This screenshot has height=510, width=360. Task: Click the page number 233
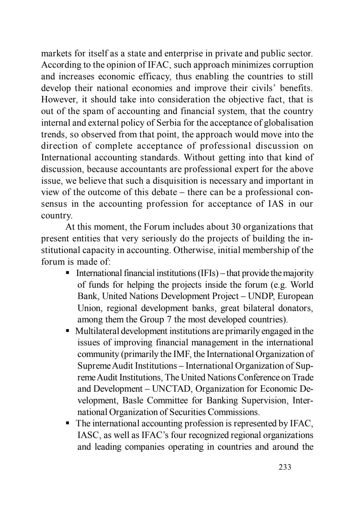point(285,467)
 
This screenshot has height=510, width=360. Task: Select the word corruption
point(291,65)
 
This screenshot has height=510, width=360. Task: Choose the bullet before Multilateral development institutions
point(68,331)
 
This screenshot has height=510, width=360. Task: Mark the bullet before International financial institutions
point(68,273)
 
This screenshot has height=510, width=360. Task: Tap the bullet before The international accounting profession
point(68,423)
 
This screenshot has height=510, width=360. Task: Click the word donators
point(295,308)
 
